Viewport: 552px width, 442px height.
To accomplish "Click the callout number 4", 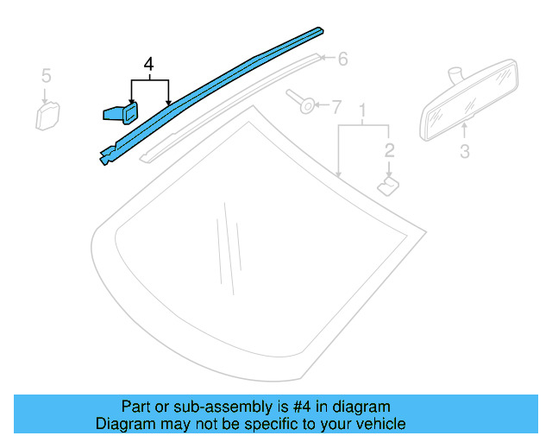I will [149, 65].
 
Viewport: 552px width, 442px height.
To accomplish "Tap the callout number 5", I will [46, 76].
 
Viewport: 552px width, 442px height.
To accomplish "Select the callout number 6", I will [342, 59].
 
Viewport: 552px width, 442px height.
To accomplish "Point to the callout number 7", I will [336, 107].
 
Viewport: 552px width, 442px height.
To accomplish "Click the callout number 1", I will [363, 111].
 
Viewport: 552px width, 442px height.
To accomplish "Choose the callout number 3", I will [464, 153].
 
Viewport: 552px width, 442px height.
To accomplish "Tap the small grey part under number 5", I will [47, 116].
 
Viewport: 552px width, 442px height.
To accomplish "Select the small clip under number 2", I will [388, 185].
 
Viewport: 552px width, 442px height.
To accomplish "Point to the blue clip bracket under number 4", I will [120, 113].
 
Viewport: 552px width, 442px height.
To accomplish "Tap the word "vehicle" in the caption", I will [379, 424].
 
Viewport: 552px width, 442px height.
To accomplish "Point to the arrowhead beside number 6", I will [324, 59].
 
